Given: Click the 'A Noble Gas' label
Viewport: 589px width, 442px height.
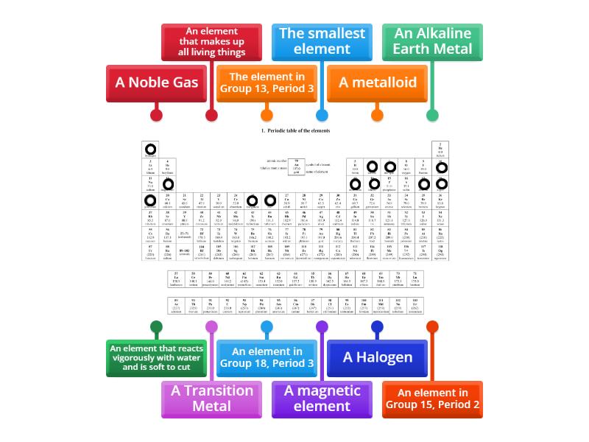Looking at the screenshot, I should pos(156,83).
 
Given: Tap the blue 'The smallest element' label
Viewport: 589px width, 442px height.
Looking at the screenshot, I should pos(322,42).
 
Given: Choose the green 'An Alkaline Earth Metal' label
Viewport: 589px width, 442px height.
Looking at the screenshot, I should pos(432,42).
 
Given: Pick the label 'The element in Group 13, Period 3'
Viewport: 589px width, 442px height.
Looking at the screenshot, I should pos(267,83).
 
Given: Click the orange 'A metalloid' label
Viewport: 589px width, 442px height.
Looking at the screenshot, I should pos(377,83).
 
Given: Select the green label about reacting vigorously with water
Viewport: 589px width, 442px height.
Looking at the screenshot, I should pos(156,357).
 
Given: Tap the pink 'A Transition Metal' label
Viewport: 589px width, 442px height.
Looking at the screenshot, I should pos(211,399).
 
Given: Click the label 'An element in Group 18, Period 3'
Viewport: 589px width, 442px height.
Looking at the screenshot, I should pos(267,357).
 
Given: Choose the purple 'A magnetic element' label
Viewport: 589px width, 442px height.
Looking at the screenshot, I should pos(322,399).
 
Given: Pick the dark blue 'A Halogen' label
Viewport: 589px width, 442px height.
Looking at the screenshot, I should pos(377,357).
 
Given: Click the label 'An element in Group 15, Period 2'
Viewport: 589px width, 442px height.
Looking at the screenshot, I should pos(432,399).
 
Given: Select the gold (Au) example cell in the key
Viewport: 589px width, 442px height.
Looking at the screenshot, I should pos(297,166).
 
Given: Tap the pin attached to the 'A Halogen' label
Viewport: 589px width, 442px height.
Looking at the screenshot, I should pos(377,326).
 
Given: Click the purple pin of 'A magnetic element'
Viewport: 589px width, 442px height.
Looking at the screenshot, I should pos(322,326).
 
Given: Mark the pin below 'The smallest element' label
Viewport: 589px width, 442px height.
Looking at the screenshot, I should pos(322,115).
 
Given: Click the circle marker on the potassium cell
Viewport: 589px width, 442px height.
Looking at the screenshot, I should pos(150,200).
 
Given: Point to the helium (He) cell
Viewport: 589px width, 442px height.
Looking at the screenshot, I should pos(440,150).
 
